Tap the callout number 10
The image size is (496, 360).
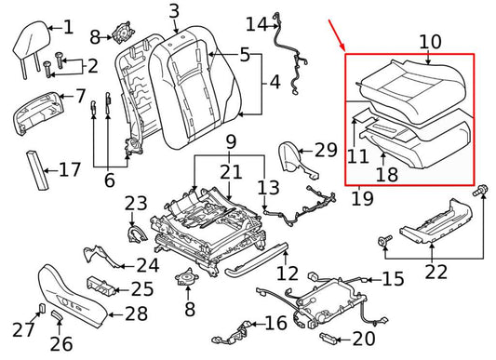430,41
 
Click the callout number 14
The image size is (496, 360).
255,22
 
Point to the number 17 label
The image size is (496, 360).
70,170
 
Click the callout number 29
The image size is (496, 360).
325,150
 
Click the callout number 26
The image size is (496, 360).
60,343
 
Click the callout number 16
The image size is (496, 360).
275,323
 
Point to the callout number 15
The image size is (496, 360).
393,278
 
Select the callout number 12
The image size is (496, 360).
288,273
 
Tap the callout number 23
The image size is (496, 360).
136,203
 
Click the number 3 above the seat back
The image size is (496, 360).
174,11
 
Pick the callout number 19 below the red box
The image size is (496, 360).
364,197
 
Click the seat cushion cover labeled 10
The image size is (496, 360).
409,86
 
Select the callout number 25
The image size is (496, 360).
141,288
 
